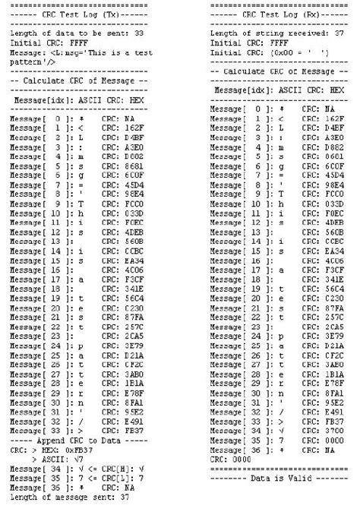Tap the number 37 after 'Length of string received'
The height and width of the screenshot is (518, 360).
(x=339, y=34)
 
